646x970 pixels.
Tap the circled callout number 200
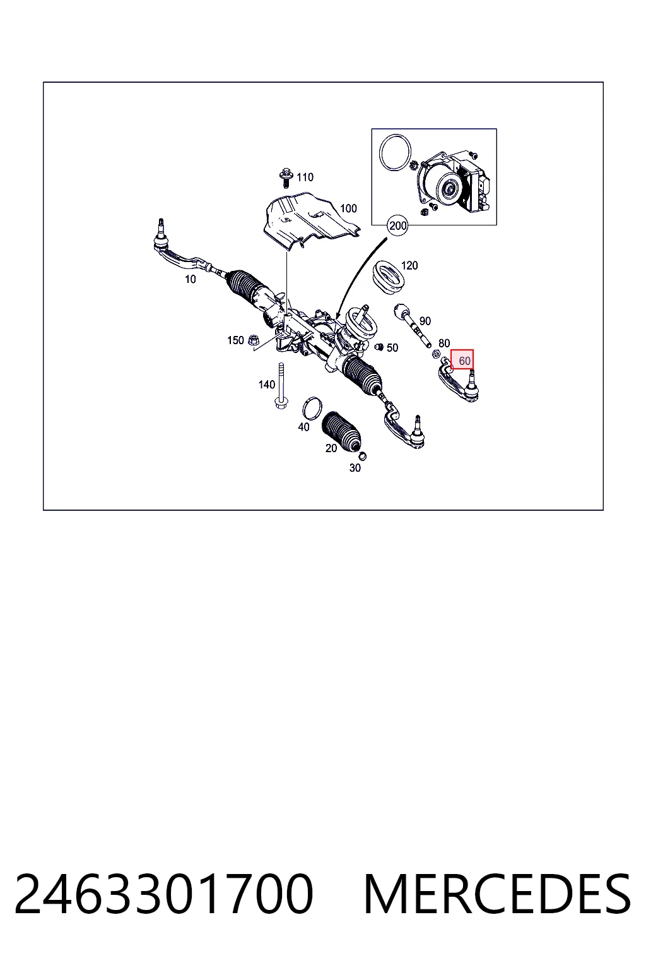pyautogui.click(x=397, y=225)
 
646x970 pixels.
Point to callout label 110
pyautogui.click(x=305, y=177)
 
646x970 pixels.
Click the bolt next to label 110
pyautogui.click(x=285, y=177)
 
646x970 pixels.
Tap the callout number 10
pyautogui.click(x=191, y=279)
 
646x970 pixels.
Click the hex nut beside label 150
pyautogui.click(x=253, y=341)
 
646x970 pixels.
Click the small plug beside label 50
pyautogui.click(x=380, y=347)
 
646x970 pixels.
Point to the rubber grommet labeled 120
pyautogui.click(x=389, y=277)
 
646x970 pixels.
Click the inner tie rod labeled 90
pyautogui.click(x=413, y=326)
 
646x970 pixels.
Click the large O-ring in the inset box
pyautogui.click(x=394, y=152)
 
